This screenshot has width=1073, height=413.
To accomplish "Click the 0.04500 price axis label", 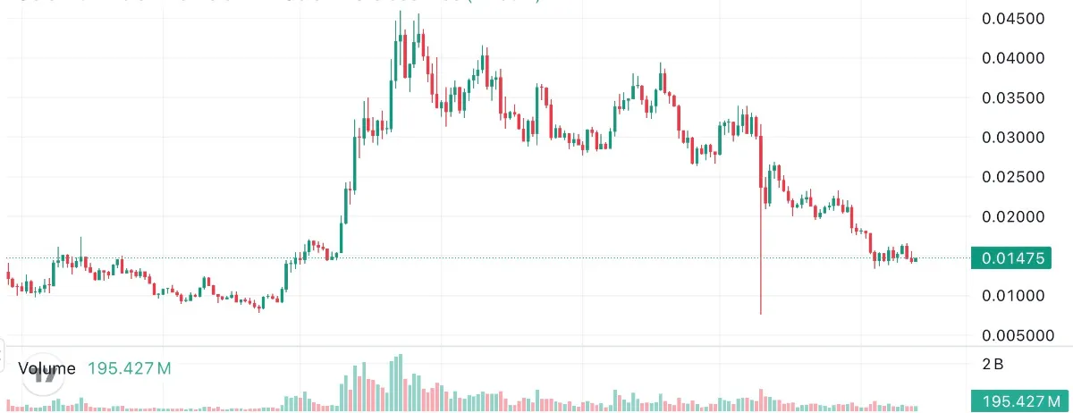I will coord(1017,19).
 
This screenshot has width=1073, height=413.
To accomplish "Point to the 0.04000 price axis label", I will coord(1017,58).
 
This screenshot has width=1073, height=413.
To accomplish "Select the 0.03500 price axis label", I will coord(1017,97).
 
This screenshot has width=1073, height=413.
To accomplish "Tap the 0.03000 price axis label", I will coord(1017,138).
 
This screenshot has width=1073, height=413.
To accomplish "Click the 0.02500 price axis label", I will coord(1017,177).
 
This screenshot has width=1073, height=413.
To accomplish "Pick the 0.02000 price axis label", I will coord(1017,217).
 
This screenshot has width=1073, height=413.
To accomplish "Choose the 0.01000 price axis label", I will coord(1017,296).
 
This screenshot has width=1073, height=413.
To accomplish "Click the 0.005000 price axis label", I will coord(1020,336).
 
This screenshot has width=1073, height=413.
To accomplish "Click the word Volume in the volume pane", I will coord(46,367).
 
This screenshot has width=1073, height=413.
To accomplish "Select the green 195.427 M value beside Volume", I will coord(130,367).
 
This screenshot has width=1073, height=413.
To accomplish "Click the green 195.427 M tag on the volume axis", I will coord(1020,400).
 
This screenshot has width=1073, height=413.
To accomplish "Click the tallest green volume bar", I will coord(394,383).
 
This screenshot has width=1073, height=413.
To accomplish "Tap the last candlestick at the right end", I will coord(915,259).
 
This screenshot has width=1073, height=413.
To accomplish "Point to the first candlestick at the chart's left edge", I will coord(8,278).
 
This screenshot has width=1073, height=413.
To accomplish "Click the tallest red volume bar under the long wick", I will coord(761,400).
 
